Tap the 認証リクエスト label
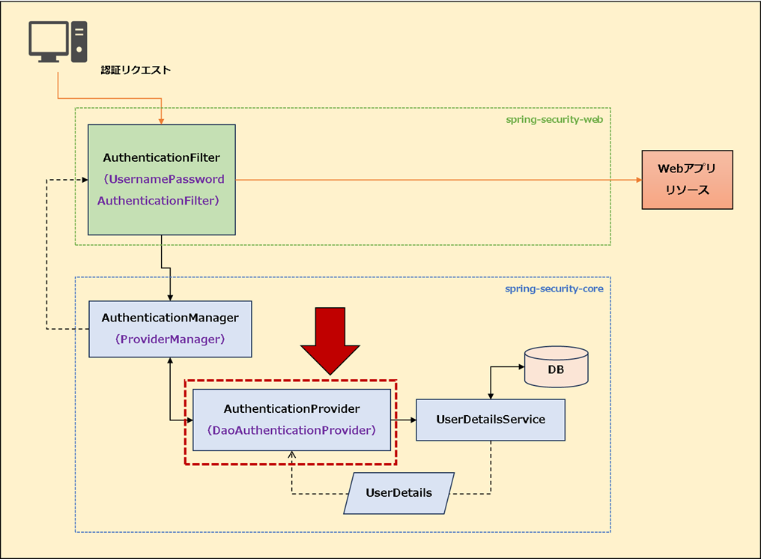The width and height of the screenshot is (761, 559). [136, 70]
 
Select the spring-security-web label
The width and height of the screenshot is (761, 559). [554, 119]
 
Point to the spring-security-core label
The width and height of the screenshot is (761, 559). [554, 288]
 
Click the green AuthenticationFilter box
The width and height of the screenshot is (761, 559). [162, 179]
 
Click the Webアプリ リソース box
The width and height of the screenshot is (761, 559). [687, 180]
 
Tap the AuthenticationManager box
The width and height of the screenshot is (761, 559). [170, 328]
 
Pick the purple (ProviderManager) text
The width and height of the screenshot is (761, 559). [170, 339]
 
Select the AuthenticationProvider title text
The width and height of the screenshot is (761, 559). [291, 409]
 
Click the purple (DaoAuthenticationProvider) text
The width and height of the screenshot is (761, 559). [291, 430]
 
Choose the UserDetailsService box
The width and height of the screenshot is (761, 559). [491, 420]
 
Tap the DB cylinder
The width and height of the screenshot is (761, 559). [556, 366]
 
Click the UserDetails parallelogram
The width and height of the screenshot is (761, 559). [398, 493]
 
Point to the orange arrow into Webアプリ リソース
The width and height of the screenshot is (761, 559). [637, 180]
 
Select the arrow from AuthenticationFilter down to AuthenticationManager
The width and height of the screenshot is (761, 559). [171, 285]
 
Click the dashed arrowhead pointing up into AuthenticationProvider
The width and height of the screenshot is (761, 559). [291, 456]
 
